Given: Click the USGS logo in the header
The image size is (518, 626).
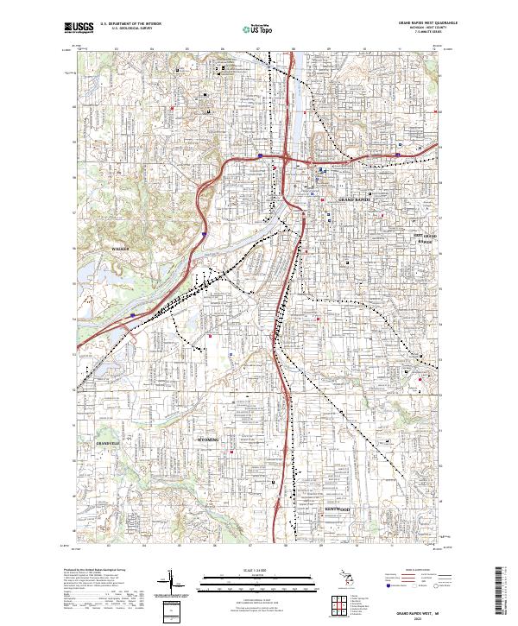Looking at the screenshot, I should pos(79,28).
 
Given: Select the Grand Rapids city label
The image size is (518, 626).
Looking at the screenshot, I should pos(352,199).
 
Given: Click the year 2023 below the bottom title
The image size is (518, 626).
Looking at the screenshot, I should pos(423,616).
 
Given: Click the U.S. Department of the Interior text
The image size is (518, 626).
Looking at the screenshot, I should pos(130,23).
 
